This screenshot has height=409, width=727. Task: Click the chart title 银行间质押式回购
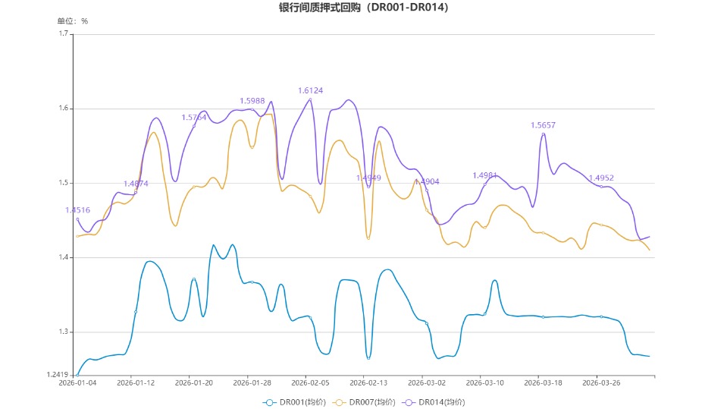point(363,8)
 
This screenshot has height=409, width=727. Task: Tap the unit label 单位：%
point(73,21)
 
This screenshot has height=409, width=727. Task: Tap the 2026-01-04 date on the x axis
point(78,382)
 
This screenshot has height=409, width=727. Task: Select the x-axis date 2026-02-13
point(368,382)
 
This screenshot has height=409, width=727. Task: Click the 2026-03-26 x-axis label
point(601,382)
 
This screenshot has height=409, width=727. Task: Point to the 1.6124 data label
point(310,91)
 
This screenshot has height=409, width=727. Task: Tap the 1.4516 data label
point(77,210)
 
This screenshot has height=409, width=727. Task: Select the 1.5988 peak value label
point(252,101)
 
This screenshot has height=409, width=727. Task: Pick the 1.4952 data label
point(601,178)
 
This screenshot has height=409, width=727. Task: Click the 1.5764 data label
point(193,118)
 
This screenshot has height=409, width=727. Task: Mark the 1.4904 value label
point(427,182)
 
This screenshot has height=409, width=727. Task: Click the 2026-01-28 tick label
point(252,382)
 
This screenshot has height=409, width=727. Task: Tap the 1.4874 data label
point(136,184)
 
